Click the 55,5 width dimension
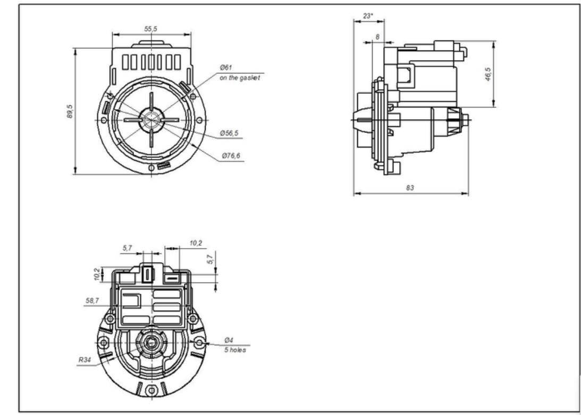pos(151,29)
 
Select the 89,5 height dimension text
pos(70,112)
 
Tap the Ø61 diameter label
pos(226,68)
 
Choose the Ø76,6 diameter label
pos(231,156)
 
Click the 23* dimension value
pos(367,16)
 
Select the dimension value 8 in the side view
pos(377,37)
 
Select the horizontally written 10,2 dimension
pos(196,243)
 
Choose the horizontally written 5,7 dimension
pos(127,248)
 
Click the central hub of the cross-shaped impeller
pos(151,120)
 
